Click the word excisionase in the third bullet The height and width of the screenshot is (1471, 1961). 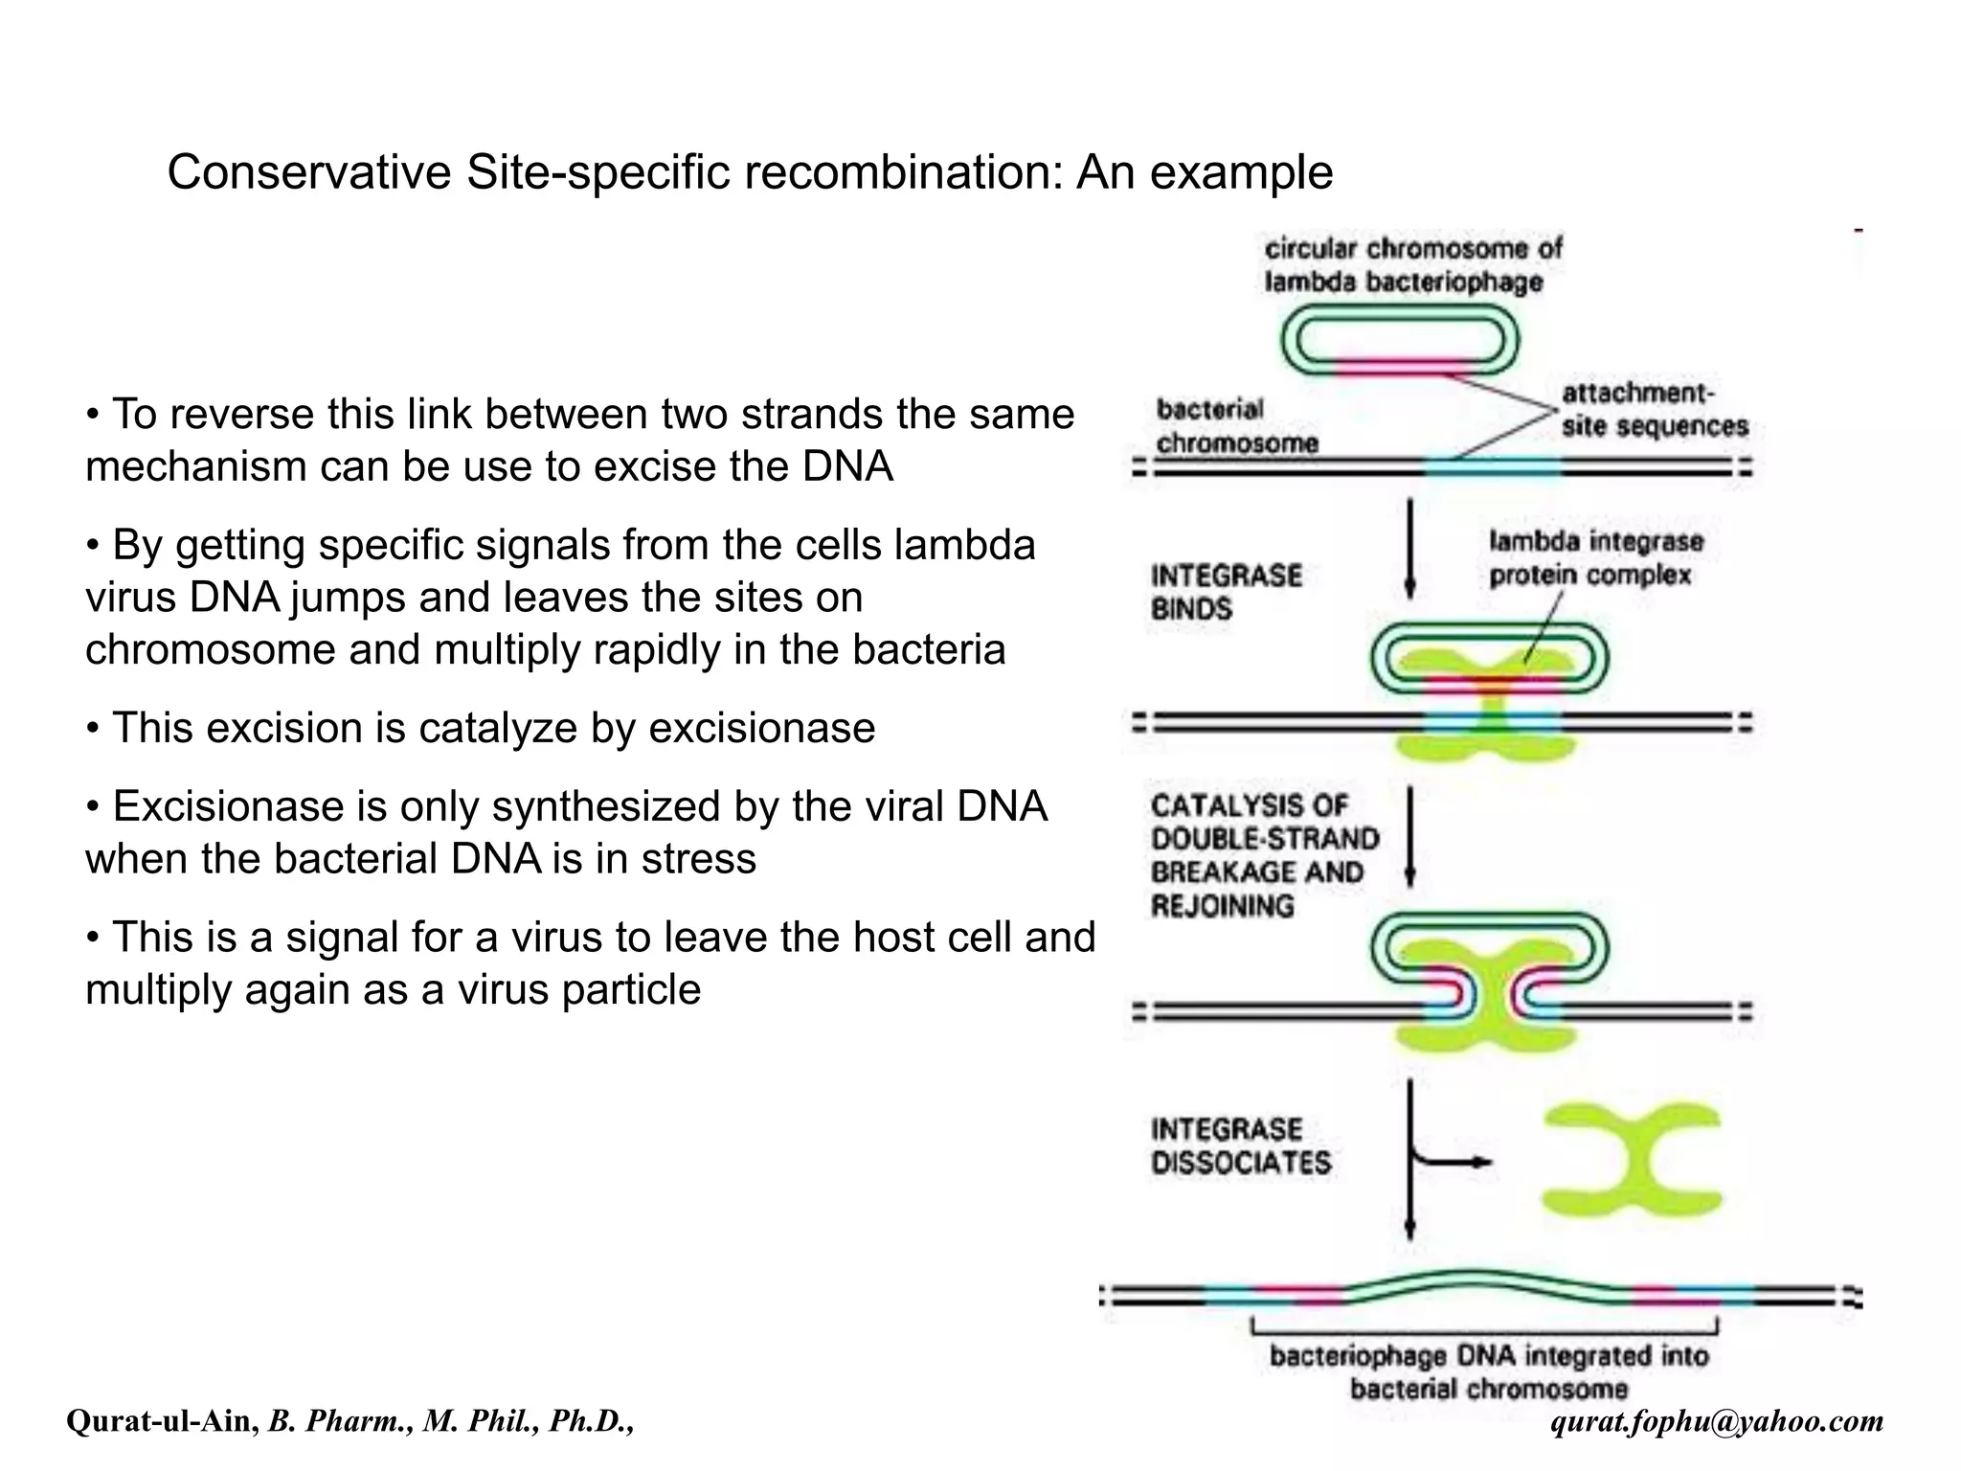click(761, 728)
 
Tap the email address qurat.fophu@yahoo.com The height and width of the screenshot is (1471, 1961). click(1717, 1421)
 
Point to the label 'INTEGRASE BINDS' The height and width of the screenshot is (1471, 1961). click(1226, 592)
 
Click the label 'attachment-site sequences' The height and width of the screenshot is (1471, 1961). click(1654, 410)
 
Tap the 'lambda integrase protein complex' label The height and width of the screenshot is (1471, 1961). click(1595, 558)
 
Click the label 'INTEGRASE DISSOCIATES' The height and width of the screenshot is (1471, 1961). click(1240, 1145)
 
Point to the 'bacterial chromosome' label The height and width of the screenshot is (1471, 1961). click(1236, 426)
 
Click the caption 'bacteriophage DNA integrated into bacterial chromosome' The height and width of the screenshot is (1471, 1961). click(1488, 1371)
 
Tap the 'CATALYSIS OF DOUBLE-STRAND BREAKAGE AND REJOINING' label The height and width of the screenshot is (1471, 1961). click(1264, 855)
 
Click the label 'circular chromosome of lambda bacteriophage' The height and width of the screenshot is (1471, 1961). click(1411, 265)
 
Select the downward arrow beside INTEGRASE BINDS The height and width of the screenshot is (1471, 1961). click(1409, 551)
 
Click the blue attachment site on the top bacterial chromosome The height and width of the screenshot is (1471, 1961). click(1492, 468)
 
